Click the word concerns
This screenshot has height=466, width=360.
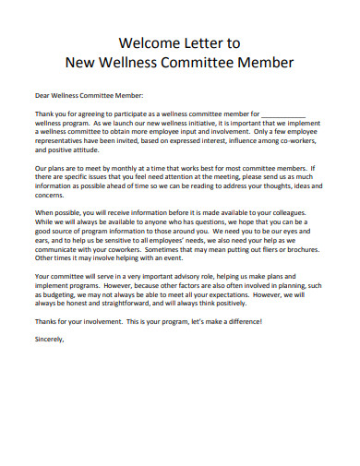tap(50, 196)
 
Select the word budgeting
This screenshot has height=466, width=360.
tap(60, 294)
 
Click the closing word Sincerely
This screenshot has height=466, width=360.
tap(50, 339)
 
